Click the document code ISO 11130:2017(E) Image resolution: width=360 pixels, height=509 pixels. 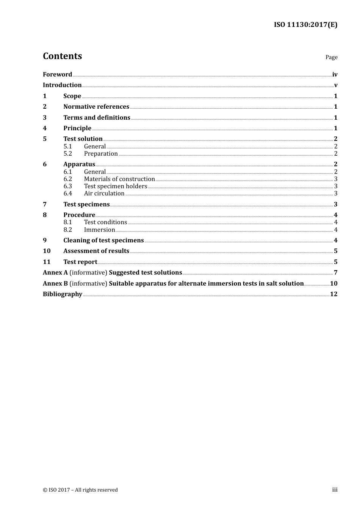click(305, 25)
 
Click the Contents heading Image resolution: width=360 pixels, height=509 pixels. click(62, 56)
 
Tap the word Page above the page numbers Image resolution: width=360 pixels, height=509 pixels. click(331, 57)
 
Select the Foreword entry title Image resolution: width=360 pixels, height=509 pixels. click(57, 74)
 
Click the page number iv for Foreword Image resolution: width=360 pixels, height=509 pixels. click(335, 75)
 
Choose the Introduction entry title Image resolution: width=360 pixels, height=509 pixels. click(62, 85)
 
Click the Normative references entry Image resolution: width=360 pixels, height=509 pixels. click(96, 106)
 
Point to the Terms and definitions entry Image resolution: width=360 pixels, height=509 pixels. click(97, 117)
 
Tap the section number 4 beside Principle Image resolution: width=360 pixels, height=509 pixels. click(45, 128)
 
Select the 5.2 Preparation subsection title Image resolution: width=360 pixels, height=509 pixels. click(101, 153)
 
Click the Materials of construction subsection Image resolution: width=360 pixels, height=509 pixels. click(119, 179)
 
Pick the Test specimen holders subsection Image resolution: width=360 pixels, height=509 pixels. click(115, 186)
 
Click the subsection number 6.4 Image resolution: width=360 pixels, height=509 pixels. click(67, 193)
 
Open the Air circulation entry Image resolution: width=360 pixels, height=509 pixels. click(104, 193)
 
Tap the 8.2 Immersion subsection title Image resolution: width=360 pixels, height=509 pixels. click(99, 230)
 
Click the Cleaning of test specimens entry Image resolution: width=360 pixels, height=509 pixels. click(103, 240)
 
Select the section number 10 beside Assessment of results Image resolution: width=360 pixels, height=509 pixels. click(47, 251)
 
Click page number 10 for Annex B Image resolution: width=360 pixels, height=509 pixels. click(333, 283)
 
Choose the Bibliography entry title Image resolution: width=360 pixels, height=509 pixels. click(63, 294)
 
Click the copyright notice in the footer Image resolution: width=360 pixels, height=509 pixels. click(80, 490)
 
